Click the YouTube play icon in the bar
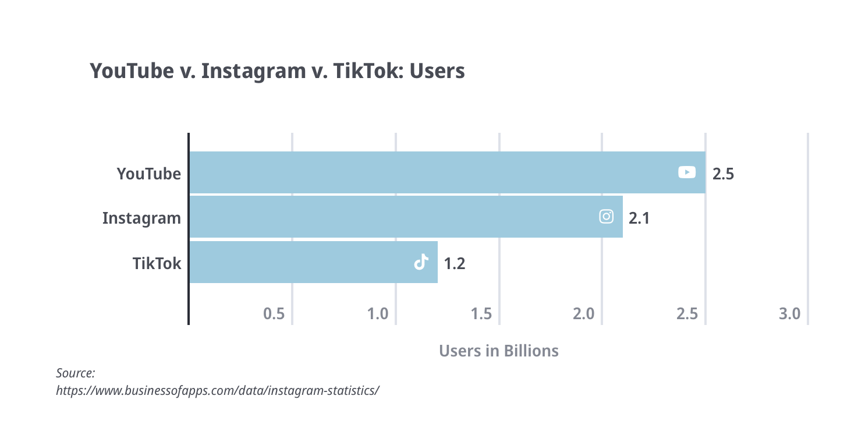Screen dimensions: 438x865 (687, 172)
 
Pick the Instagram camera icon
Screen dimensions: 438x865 (606, 217)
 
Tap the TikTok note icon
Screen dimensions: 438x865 (421, 263)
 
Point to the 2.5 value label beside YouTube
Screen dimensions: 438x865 (723, 174)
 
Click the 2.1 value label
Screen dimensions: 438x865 (639, 218)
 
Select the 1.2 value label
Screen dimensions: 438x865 (454, 264)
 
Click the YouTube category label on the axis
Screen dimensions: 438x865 (148, 174)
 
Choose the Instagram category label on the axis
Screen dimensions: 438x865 (141, 218)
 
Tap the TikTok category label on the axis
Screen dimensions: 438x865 (157, 264)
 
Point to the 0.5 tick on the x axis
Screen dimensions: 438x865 (274, 315)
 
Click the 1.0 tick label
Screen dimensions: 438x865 (378, 315)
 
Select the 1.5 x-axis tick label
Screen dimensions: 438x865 (481, 315)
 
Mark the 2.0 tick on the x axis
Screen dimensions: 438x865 (583, 315)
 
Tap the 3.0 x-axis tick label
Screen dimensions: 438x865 (789, 315)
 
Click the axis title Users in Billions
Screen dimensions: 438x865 (498, 351)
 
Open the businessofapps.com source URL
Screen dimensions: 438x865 (217, 390)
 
